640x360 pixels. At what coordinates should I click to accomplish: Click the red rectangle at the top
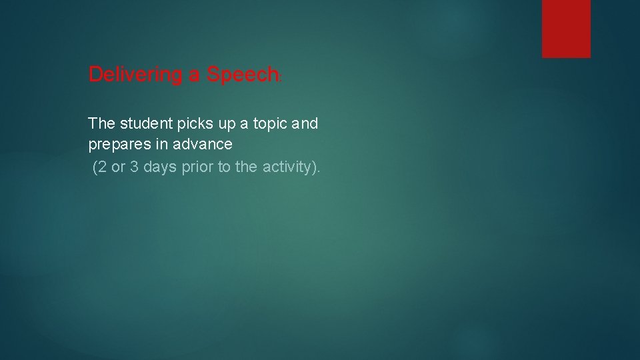(566, 28)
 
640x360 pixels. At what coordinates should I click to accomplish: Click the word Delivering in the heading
(135, 75)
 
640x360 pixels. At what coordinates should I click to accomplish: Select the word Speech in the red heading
(242, 75)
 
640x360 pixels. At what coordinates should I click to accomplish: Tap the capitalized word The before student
(102, 123)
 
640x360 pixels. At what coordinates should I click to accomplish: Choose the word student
(145, 123)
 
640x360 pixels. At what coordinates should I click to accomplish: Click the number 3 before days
(134, 167)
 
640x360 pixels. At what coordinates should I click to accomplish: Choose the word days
(160, 167)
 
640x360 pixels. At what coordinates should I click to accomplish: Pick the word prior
(197, 167)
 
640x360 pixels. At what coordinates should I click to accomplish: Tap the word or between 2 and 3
(118, 167)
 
